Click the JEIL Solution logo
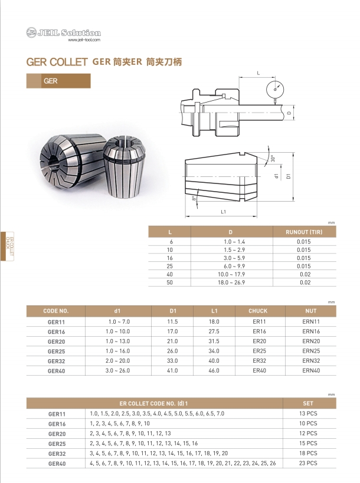tap(64, 32)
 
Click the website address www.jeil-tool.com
tap(84, 40)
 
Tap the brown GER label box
tap(58, 81)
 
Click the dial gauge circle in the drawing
tap(274, 90)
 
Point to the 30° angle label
tap(273, 159)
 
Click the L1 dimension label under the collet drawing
tap(223, 212)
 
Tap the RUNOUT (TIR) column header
tap(304, 232)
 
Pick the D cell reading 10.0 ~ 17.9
tap(231, 274)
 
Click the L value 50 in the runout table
tap(169, 282)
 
